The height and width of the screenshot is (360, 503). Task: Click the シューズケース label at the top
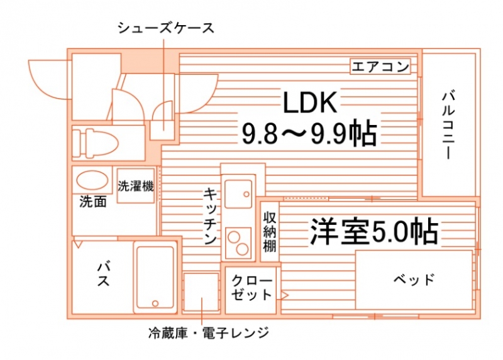coord(166,28)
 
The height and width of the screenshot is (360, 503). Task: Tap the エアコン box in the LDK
coord(380,67)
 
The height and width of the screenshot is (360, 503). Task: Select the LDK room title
coord(310,102)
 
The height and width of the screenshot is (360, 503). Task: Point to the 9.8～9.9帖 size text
coord(309,133)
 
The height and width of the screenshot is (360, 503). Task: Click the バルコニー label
coord(448,125)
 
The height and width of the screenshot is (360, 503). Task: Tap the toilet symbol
coord(96,143)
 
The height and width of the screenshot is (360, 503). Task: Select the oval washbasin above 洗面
coord(92,180)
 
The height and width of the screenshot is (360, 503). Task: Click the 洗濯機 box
coord(136,185)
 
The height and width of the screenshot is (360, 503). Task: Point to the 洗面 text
coord(92,202)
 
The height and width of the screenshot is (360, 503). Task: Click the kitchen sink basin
coord(238,194)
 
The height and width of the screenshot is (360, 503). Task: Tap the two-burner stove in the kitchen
coord(238,243)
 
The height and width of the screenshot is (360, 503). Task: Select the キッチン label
coord(210,216)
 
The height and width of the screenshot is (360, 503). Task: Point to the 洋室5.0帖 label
coord(374,231)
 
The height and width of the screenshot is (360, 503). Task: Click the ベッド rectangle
coord(414,280)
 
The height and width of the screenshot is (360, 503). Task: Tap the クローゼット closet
coord(251,290)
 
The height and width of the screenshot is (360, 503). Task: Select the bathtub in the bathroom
coord(155,277)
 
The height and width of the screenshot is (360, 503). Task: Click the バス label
coord(104,275)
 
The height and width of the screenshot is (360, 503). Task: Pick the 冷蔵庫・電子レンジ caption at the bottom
coord(209,333)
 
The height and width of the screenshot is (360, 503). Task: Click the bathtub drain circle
coord(155,303)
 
